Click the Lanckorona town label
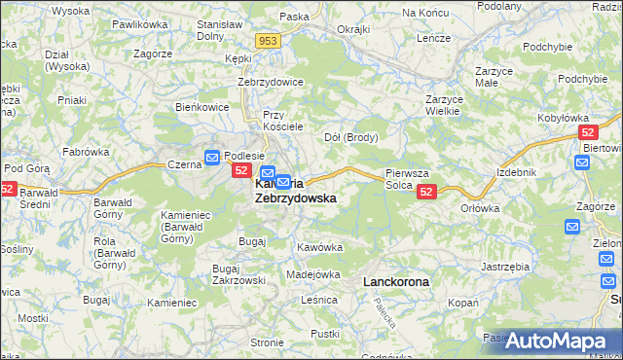[x=395, y=281]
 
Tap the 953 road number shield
[x=270, y=40]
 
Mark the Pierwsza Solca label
[x=401, y=178]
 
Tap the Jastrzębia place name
[x=504, y=266]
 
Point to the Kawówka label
[x=320, y=247]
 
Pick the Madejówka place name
[x=312, y=274]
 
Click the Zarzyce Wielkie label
[x=443, y=104]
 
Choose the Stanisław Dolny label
[x=219, y=29]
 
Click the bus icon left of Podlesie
[x=212, y=157]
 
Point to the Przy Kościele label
[x=284, y=121]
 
